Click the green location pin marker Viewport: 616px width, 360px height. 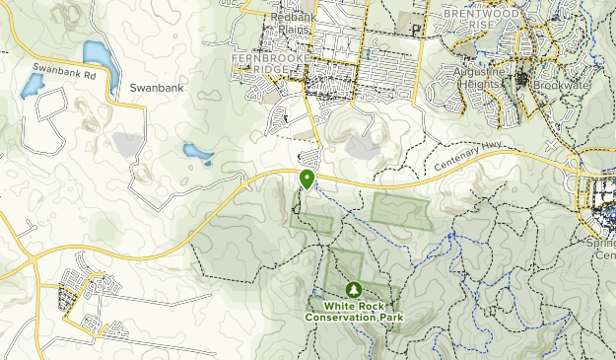(x=308, y=179)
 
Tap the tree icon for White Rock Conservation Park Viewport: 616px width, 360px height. (x=354, y=290)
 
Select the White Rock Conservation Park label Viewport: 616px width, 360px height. (x=354, y=311)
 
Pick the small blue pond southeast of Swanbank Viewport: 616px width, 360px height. (x=197, y=154)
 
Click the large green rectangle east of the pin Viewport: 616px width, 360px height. (x=401, y=211)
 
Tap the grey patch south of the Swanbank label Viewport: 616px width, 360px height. (x=129, y=145)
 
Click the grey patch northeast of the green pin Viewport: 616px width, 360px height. (x=362, y=147)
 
